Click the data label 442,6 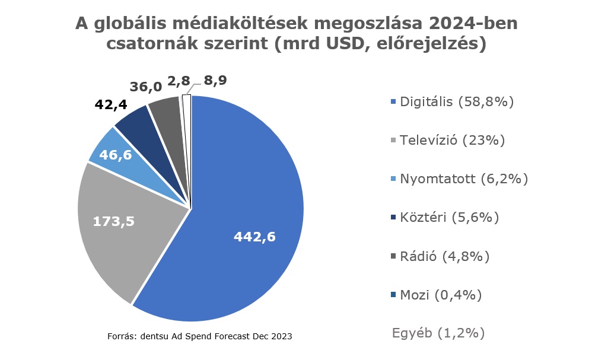coord(255,237)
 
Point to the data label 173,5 coord(114,221)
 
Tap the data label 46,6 coord(116,155)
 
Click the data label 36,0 coord(146,87)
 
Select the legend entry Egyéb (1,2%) coord(438,333)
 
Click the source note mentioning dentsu coord(200,336)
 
